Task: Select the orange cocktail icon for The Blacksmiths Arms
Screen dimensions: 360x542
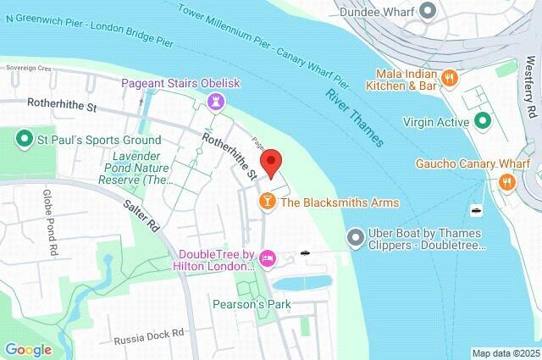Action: (x=267, y=202)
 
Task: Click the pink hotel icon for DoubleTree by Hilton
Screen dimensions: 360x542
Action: (x=268, y=258)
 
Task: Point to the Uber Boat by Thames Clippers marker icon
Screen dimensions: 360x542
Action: (x=356, y=236)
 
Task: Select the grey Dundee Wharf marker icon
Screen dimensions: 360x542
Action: (x=429, y=11)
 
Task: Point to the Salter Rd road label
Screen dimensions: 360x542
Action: (x=141, y=217)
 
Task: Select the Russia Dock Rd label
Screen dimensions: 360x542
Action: (x=149, y=335)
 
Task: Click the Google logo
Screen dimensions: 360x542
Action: (x=28, y=349)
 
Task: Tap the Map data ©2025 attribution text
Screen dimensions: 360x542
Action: (x=505, y=353)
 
